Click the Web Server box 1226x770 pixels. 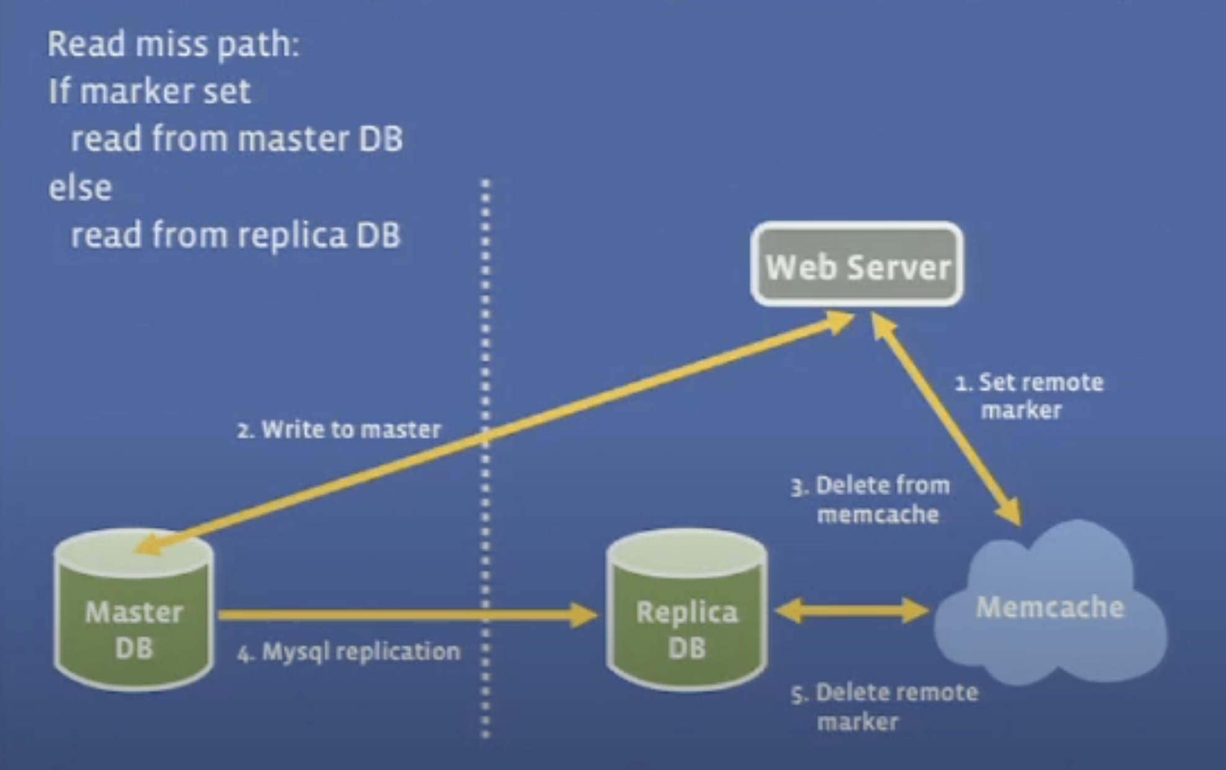(x=857, y=265)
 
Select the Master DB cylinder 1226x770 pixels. (x=134, y=611)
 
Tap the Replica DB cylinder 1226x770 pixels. (x=687, y=611)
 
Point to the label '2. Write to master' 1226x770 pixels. (x=339, y=429)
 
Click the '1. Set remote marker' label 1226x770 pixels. (x=1029, y=396)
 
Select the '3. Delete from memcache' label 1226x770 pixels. (x=871, y=499)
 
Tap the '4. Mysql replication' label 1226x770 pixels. (x=349, y=652)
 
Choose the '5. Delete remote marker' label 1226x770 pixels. (x=884, y=706)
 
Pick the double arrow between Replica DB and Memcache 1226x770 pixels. (x=852, y=611)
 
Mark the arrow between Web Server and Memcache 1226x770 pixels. (x=946, y=418)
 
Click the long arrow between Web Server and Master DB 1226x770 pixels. (x=496, y=434)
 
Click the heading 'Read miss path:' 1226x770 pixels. (x=174, y=44)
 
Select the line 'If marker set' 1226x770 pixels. (x=149, y=91)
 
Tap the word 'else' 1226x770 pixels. (x=81, y=187)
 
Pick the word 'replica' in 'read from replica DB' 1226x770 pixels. (x=293, y=236)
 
